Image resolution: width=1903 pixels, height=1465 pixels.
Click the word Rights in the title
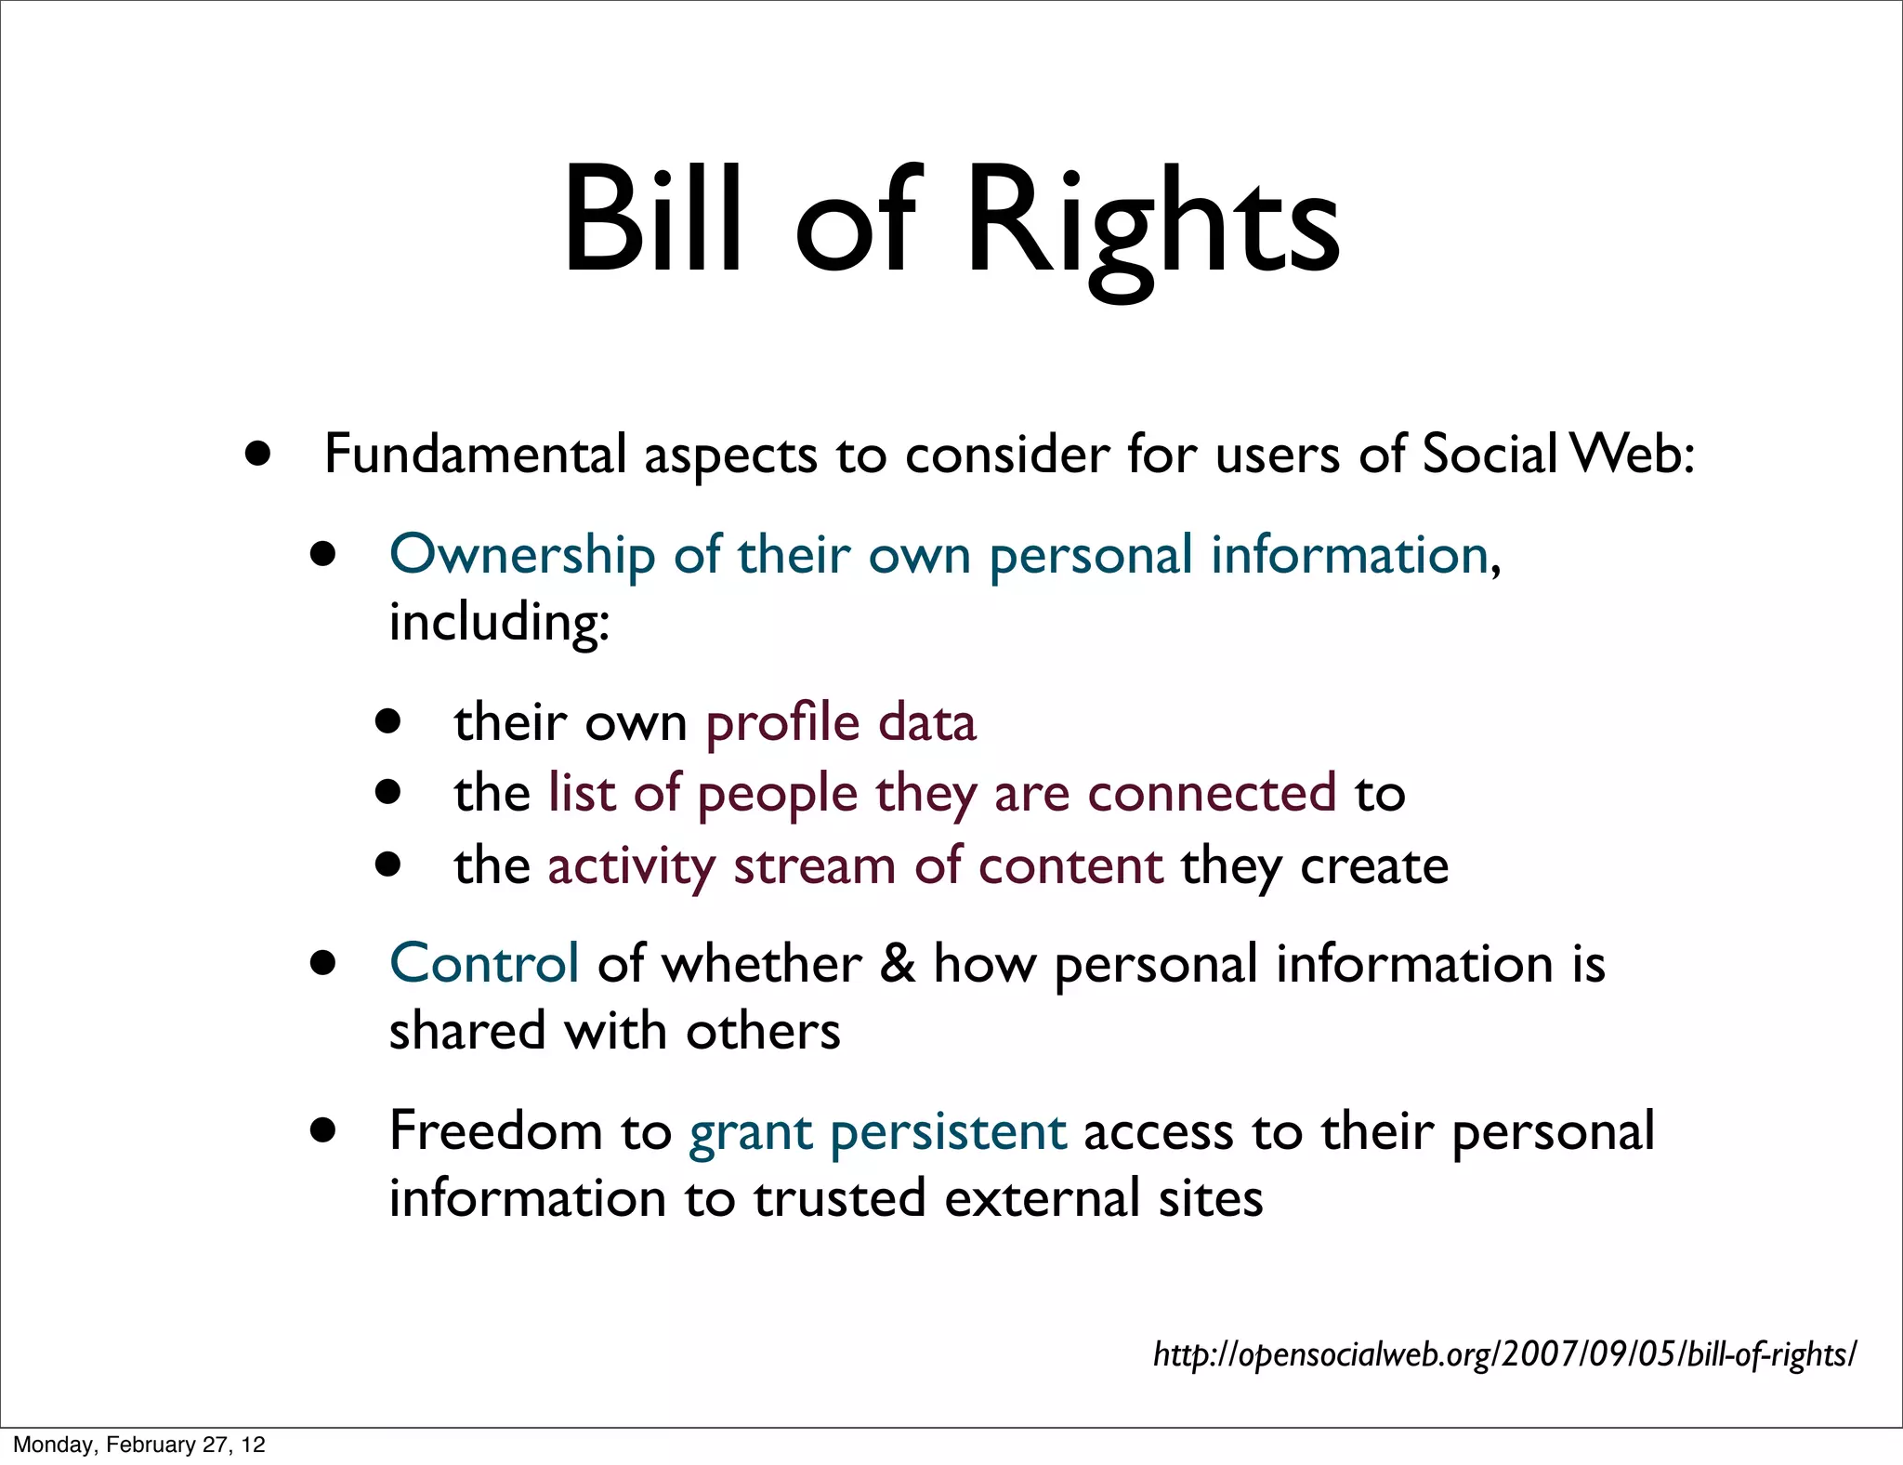tap(1152, 223)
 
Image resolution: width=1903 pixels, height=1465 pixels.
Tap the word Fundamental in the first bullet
tap(475, 455)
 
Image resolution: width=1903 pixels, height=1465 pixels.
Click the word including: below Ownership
tap(499, 623)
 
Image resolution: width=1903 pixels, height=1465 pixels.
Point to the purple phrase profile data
tap(841, 724)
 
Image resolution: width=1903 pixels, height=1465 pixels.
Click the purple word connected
tap(1212, 795)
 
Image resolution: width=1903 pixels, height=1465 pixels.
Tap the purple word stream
tap(815, 866)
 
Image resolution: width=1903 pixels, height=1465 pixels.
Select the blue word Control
tap(484, 964)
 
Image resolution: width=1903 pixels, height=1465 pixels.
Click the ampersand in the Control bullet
tap(897, 964)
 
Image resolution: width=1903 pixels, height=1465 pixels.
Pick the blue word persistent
tap(948, 1133)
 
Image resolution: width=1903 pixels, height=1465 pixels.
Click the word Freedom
tap(496, 1131)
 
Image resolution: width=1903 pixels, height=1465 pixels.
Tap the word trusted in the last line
tap(839, 1198)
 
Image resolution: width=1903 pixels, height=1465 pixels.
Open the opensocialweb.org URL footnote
tap(1504, 1354)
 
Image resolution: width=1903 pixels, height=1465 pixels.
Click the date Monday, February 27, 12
tap(139, 1445)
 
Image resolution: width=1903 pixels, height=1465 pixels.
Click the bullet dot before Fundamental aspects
tap(258, 455)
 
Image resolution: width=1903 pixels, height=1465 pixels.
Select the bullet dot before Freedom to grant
tap(322, 1131)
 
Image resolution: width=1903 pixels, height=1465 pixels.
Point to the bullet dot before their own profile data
tap(388, 721)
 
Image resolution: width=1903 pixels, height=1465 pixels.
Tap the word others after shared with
tap(763, 1032)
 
